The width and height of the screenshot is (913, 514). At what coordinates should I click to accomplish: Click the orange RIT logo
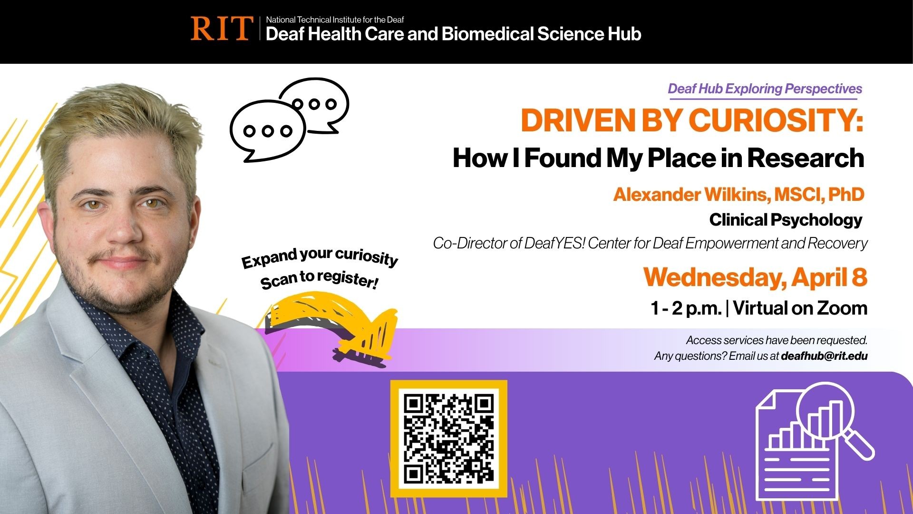[x=221, y=28]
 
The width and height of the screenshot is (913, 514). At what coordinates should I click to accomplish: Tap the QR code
[x=448, y=438]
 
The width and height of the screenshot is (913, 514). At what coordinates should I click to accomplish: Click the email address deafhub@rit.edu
[x=824, y=356]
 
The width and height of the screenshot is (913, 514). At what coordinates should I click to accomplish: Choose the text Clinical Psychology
[x=786, y=220]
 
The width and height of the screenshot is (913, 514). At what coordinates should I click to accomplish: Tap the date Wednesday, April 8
[x=755, y=277]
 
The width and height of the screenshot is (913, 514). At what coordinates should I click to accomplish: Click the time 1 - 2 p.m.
[x=686, y=308]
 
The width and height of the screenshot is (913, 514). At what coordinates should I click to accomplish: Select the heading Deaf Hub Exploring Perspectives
[x=765, y=89]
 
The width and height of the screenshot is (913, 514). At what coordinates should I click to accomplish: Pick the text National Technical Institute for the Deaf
[x=335, y=20]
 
